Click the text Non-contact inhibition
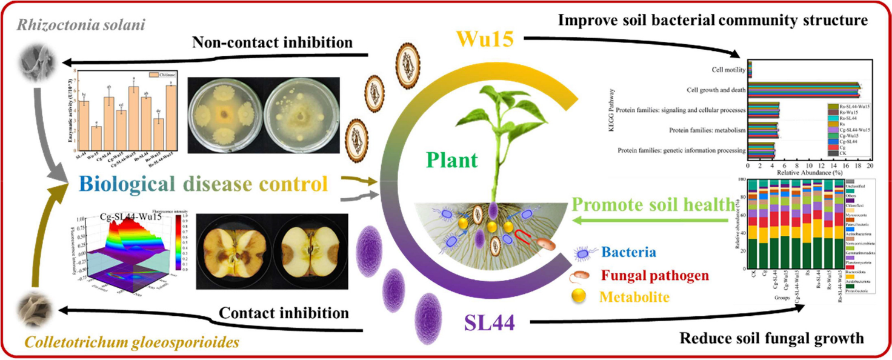[x=271, y=42]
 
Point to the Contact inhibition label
[x=284, y=313]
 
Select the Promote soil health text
[x=652, y=205]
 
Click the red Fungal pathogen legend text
[x=654, y=276]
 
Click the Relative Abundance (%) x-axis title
[x=809, y=173]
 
